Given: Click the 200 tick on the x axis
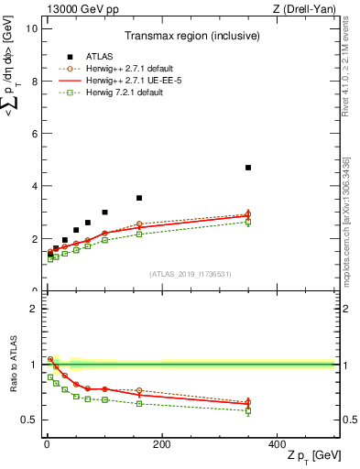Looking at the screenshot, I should [161, 444].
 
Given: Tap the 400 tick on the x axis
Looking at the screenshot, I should [277, 444].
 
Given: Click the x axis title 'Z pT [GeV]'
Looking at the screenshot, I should [312, 457].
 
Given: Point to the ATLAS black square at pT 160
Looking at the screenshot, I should [139, 198].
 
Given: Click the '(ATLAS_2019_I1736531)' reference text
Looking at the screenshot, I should [191, 274].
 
